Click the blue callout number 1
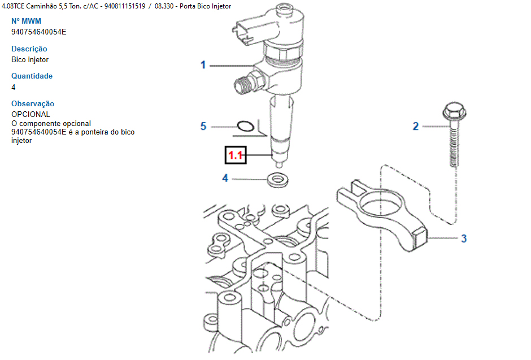coord(203,64)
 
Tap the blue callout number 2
coord(416,127)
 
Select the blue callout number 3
coord(464,238)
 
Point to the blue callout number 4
coord(225,178)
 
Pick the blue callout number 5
coord(203,127)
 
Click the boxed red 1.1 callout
coord(236,155)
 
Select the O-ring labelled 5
coord(245,126)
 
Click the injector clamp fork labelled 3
coord(382,215)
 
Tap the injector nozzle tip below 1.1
coord(279,164)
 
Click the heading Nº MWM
coord(26,21)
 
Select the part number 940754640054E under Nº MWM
coord(39,32)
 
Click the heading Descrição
coord(29,49)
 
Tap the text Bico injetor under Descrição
coord(30,59)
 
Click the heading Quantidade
coord(32,76)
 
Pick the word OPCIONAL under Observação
coord(31,114)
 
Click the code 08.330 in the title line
coord(164,6)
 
